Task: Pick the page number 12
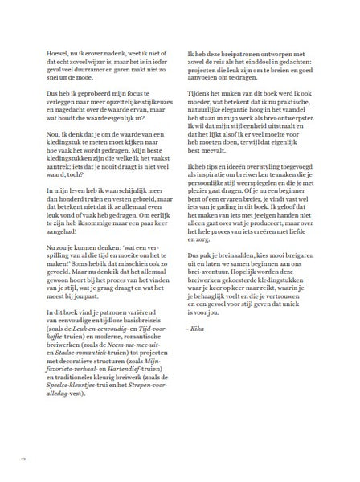tap(23, 459)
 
